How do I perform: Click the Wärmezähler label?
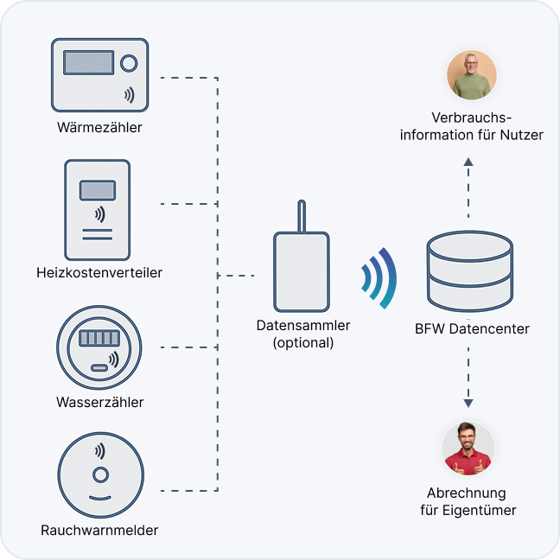[99, 128]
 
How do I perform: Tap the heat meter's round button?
[129, 63]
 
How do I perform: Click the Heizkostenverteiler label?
[99, 273]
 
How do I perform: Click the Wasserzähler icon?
[99, 347]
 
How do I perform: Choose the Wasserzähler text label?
[99, 403]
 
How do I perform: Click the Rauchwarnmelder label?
[99, 530]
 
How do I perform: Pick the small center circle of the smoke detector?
[100, 474]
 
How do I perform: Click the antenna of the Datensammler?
[300, 216]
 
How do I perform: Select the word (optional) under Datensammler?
[302, 342]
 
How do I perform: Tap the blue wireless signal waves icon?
[379, 278]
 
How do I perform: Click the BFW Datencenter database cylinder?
[469, 272]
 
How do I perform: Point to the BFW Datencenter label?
[472, 328]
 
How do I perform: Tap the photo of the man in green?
[471, 74]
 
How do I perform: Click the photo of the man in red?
[468, 448]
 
